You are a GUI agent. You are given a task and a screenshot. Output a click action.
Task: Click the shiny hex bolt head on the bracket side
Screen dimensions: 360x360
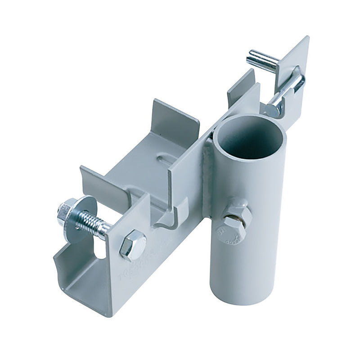click(x=133, y=245)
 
